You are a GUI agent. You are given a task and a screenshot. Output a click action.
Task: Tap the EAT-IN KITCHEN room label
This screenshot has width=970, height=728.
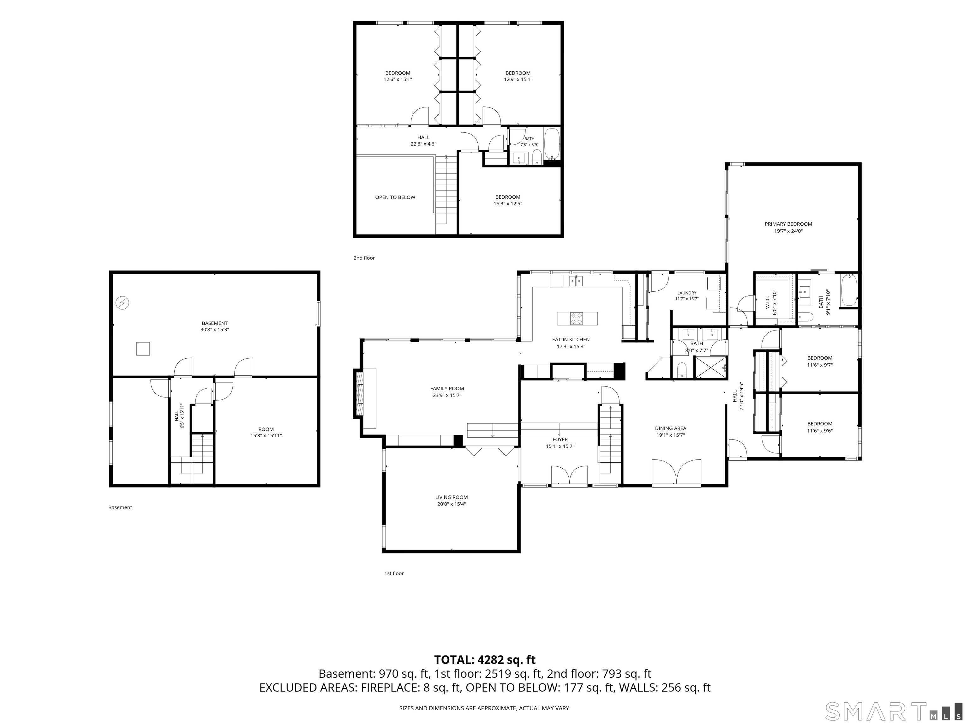coord(571,340)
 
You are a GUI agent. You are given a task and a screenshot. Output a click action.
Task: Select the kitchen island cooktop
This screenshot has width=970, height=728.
coord(577,318)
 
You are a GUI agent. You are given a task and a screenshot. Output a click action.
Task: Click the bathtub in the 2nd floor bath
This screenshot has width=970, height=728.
coord(552,144)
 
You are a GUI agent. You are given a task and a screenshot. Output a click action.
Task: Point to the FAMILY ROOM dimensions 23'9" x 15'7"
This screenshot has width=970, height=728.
coord(447,395)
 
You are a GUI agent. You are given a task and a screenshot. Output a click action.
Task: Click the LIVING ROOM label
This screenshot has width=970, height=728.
coord(451,497)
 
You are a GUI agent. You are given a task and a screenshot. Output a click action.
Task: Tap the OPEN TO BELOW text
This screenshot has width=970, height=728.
coord(395,197)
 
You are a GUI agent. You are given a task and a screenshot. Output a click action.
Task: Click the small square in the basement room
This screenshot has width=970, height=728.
coord(143,349)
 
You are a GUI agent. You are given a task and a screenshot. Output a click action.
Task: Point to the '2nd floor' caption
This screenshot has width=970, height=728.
coord(364,258)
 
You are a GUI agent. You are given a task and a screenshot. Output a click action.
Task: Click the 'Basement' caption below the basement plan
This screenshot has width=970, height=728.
coord(120,507)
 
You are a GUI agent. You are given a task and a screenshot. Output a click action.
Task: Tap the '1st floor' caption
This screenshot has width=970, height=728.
coord(394,573)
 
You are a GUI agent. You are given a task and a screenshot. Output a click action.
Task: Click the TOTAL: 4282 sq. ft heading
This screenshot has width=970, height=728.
coord(485,659)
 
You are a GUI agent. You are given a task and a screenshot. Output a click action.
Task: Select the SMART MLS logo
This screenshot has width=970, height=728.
coord(893,711)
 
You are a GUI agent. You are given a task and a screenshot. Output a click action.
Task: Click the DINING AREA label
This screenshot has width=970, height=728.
coord(670,428)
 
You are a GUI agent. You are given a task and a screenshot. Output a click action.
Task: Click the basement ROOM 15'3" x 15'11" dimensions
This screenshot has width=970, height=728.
coord(266,436)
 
